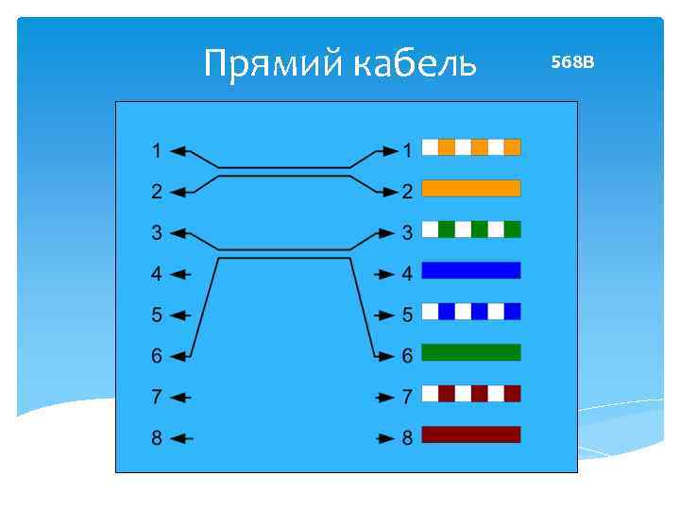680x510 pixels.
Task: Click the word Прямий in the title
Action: (x=274, y=64)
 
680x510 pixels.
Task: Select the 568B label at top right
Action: (x=572, y=62)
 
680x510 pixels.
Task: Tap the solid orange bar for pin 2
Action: (x=470, y=188)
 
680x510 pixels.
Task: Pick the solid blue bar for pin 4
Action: (x=470, y=270)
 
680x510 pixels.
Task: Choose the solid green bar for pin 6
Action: (x=470, y=352)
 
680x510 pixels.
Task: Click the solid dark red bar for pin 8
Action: (x=470, y=434)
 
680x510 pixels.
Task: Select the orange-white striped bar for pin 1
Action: (x=470, y=147)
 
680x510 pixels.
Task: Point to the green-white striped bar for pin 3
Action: (x=470, y=229)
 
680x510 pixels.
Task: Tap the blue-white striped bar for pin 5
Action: (x=470, y=311)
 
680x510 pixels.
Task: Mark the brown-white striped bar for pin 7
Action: (x=470, y=393)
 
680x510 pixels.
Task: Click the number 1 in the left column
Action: (x=156, y=150)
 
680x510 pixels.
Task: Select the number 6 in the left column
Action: (x=156, y=356)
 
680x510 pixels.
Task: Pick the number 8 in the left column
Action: (x=156, y=438)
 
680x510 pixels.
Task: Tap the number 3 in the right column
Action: (x=407, y=232)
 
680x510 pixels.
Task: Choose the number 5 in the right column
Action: (x=407, y=314)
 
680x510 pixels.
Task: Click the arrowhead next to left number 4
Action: (x=180, y=274)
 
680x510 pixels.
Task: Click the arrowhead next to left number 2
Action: (x=180, y=192)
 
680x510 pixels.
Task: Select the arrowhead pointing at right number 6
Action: (x=385, y=357)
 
